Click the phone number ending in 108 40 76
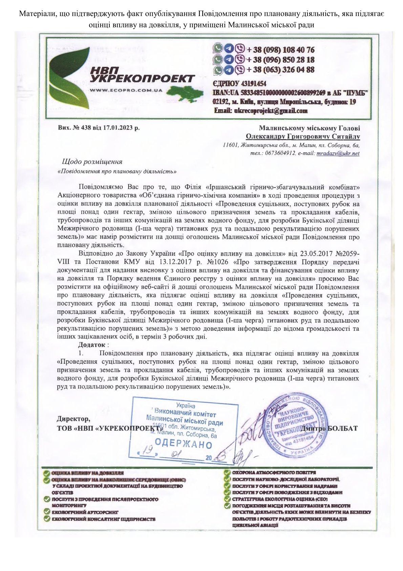(280, 50)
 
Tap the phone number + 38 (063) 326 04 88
(280, 70)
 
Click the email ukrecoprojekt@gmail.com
(261, 111)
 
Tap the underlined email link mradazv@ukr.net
(338, 153)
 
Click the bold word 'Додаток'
(91, 345)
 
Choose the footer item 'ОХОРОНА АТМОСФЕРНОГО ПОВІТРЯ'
(274, 472)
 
